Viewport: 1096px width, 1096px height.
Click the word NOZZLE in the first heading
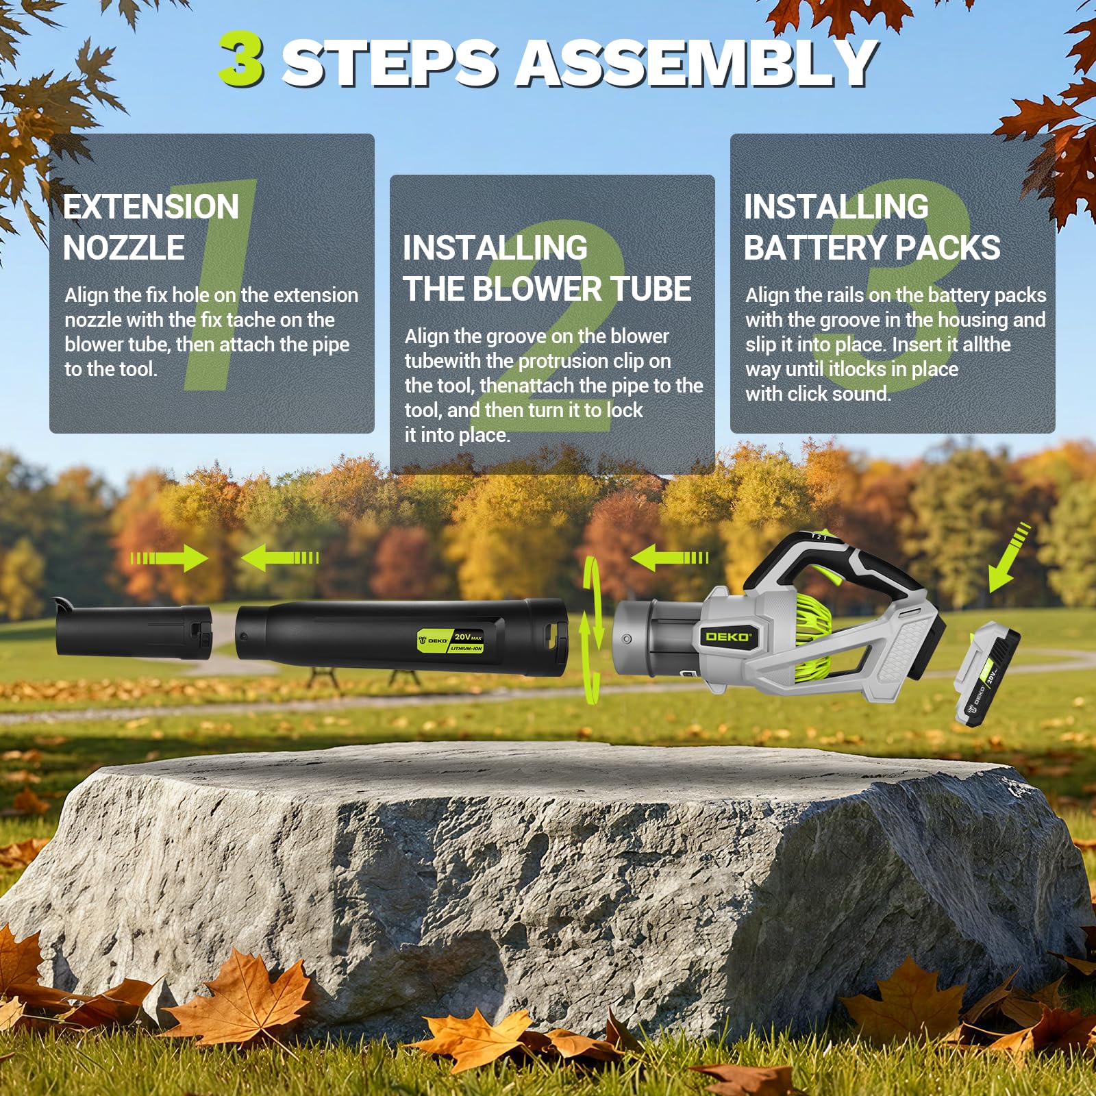click(124, 247)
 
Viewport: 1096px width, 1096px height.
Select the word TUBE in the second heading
click(651, 288)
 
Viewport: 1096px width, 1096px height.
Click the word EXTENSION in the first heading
click(151, 206)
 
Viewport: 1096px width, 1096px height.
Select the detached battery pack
click(987, 674)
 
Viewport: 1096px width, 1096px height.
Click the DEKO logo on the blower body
click(727, 636)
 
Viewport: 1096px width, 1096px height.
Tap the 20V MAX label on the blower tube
click(467, 642)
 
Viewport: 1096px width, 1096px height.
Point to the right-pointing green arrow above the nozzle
click(169, 558)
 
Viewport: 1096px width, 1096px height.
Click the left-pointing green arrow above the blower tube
click(279, 558)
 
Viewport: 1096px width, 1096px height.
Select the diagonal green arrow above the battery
click(1008, 556)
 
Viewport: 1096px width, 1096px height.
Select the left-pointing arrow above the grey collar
click(669, 558)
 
